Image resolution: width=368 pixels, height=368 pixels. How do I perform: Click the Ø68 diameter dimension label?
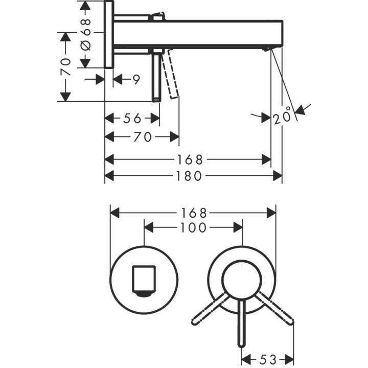(86, 34)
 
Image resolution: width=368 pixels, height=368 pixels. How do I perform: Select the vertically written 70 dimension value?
(65, 66)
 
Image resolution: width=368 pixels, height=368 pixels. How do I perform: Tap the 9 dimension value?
(135, 79)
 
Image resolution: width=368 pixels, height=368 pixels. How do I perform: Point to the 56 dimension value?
(132, 119)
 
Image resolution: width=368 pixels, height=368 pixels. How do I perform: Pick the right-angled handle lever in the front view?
(276, 309)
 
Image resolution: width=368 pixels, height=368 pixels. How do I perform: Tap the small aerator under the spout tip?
(266, 49)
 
